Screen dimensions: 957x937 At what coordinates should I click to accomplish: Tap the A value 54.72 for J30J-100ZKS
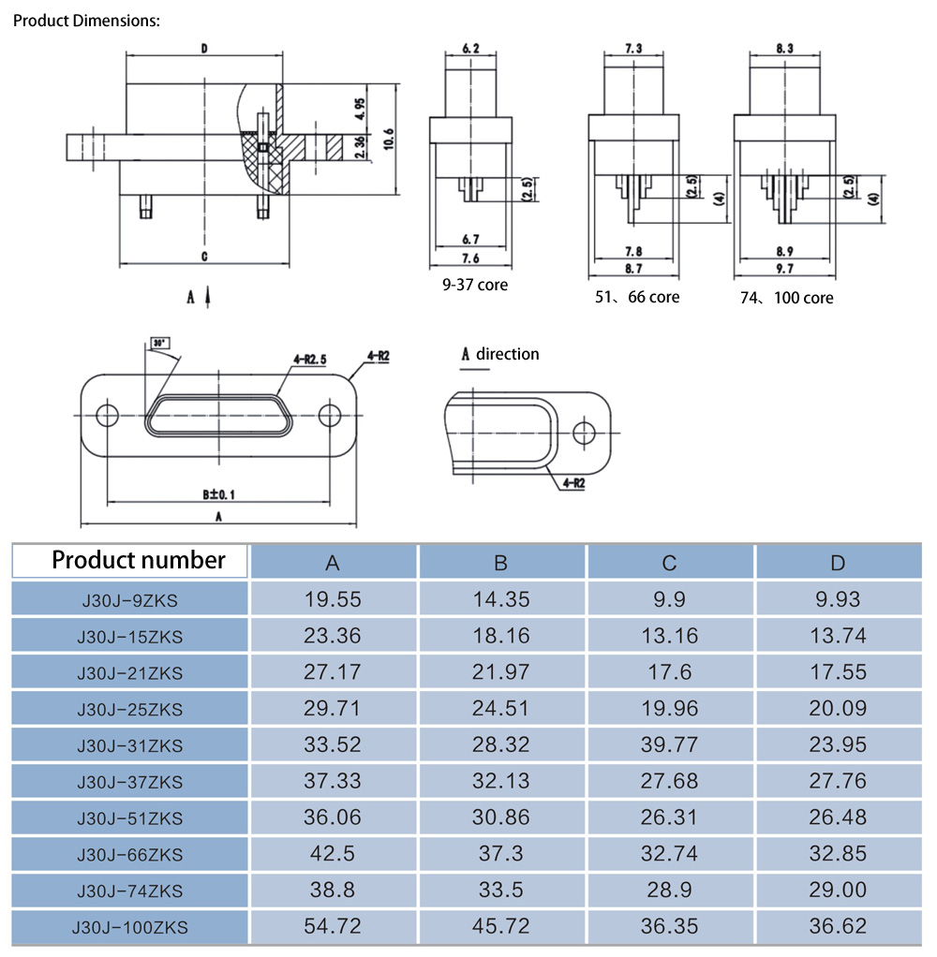coord(332,926)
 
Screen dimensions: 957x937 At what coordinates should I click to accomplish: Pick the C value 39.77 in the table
coord(669,744)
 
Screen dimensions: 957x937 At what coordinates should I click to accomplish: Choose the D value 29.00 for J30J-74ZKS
coord(838,890)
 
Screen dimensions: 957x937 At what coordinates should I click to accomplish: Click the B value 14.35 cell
coord(501,599)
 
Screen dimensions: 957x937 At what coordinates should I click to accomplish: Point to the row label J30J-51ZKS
coord(130,817)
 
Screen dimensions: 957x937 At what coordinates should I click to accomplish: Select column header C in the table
coord(669,563)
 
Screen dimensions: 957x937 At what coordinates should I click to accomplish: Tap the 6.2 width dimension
coord(470,48)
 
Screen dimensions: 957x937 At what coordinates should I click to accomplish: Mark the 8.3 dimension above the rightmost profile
coord(785,48)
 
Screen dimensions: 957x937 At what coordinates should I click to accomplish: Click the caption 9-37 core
coord(475,284)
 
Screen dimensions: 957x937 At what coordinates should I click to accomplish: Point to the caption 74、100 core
coord(785,298)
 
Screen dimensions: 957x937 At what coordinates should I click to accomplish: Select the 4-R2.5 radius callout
coord(309,358)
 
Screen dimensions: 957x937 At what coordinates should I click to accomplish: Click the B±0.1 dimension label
coord(218,493)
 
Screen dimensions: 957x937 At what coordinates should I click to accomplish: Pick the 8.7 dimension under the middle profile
coord(632,269)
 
